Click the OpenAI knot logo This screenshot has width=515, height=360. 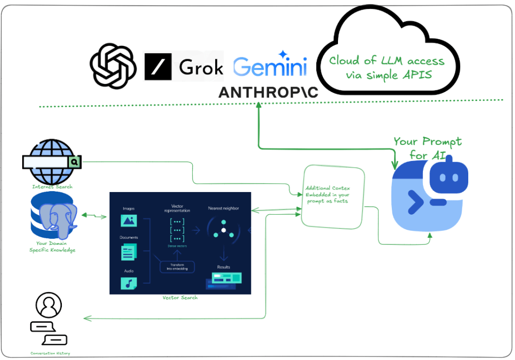[x=113, y=66]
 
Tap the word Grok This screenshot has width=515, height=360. [x=201, y=66]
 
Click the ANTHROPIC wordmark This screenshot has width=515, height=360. [x=268, y=92]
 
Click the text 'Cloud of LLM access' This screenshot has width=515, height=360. [x=387, y=61]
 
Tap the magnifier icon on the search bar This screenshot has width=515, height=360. [x=74, y=162]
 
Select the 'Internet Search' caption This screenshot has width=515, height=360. [x=52, y=187]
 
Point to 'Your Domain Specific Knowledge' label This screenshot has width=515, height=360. [x=52, y=246]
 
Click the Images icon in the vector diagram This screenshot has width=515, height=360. [x=129, y=220]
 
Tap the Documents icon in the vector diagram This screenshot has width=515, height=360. [x=129, y=251]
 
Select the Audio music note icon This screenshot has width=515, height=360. [x=129, y=283]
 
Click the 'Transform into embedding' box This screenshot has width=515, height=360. [x=177, y=266]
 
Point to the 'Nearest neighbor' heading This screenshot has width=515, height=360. [x=224, y=208]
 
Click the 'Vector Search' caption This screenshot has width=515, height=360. [x=180, y=298]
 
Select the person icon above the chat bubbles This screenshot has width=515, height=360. [x=49, y=305]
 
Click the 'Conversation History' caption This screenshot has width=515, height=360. [x=50, y=353]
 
